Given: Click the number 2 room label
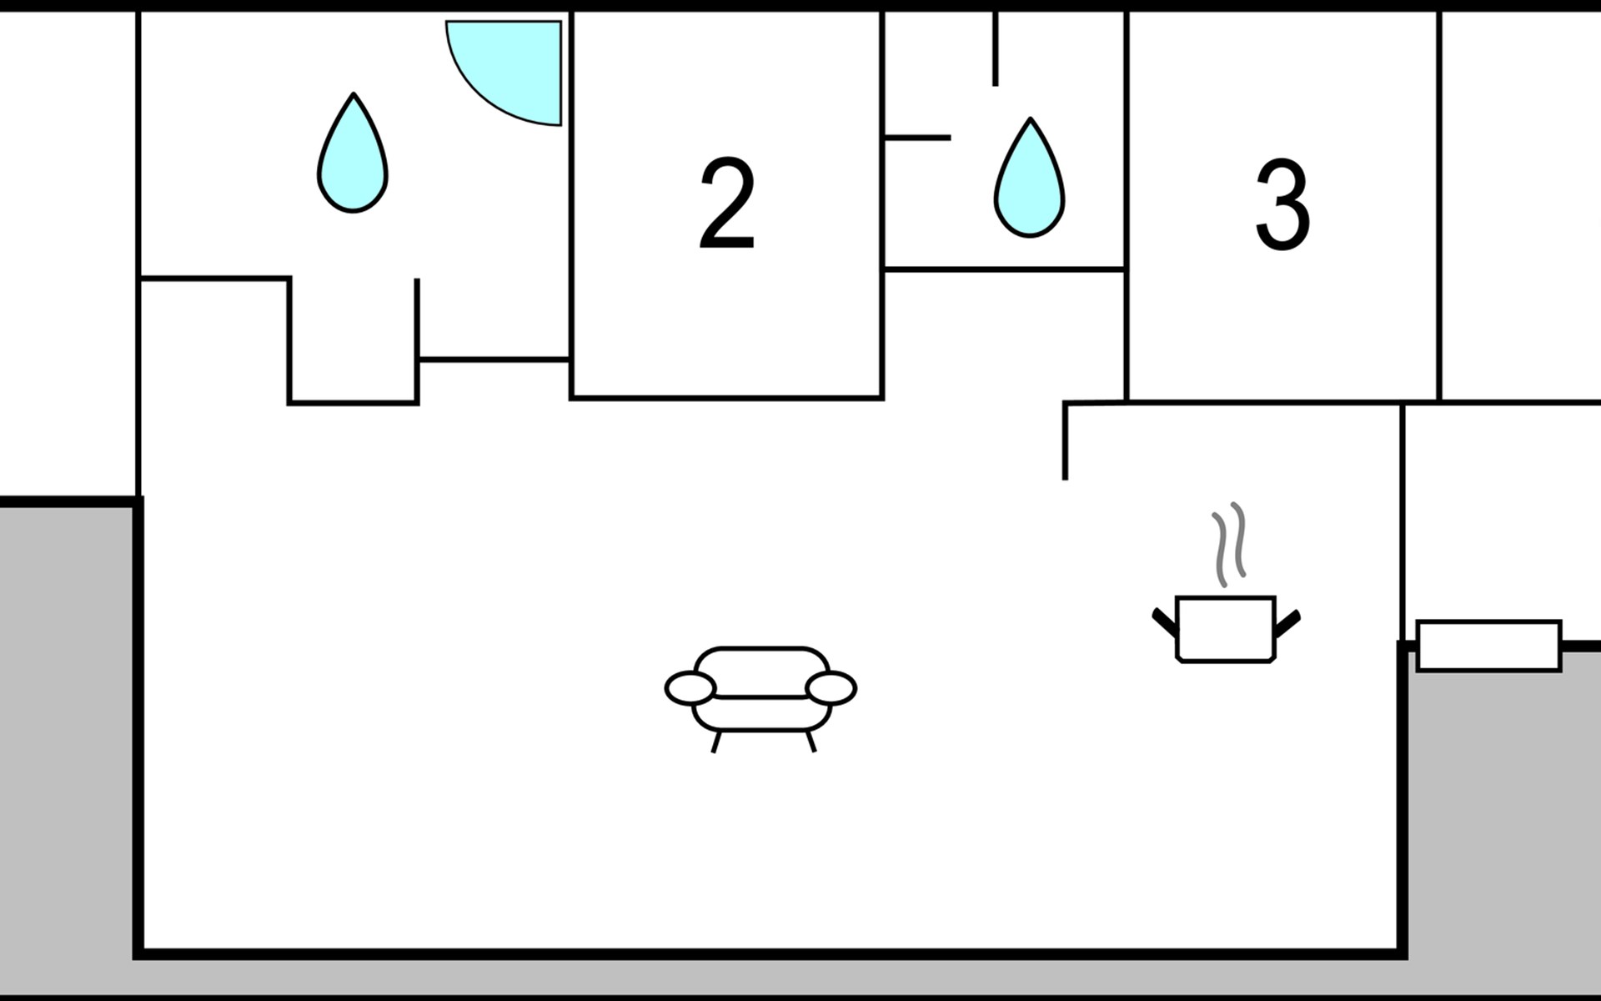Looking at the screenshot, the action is click(727, 203).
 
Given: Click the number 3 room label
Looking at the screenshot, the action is click(1282, 204).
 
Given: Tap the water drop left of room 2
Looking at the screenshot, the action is click(353, 153).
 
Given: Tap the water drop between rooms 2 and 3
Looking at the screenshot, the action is click(1030, 178).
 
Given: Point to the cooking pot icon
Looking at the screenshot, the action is click(1226, 629).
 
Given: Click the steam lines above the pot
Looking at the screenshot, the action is click(1228, 544).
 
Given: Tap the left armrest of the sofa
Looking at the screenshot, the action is click(690, 688).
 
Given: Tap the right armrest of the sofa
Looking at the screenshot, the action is click(831, 688).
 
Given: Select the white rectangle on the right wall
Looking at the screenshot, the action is click(1489, 645).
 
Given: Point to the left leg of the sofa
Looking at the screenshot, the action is click(715, 742).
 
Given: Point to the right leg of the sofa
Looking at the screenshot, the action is click(811, 742).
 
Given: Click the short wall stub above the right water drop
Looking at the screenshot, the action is click(996, 48).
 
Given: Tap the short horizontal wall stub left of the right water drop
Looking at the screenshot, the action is click(917, 138).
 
